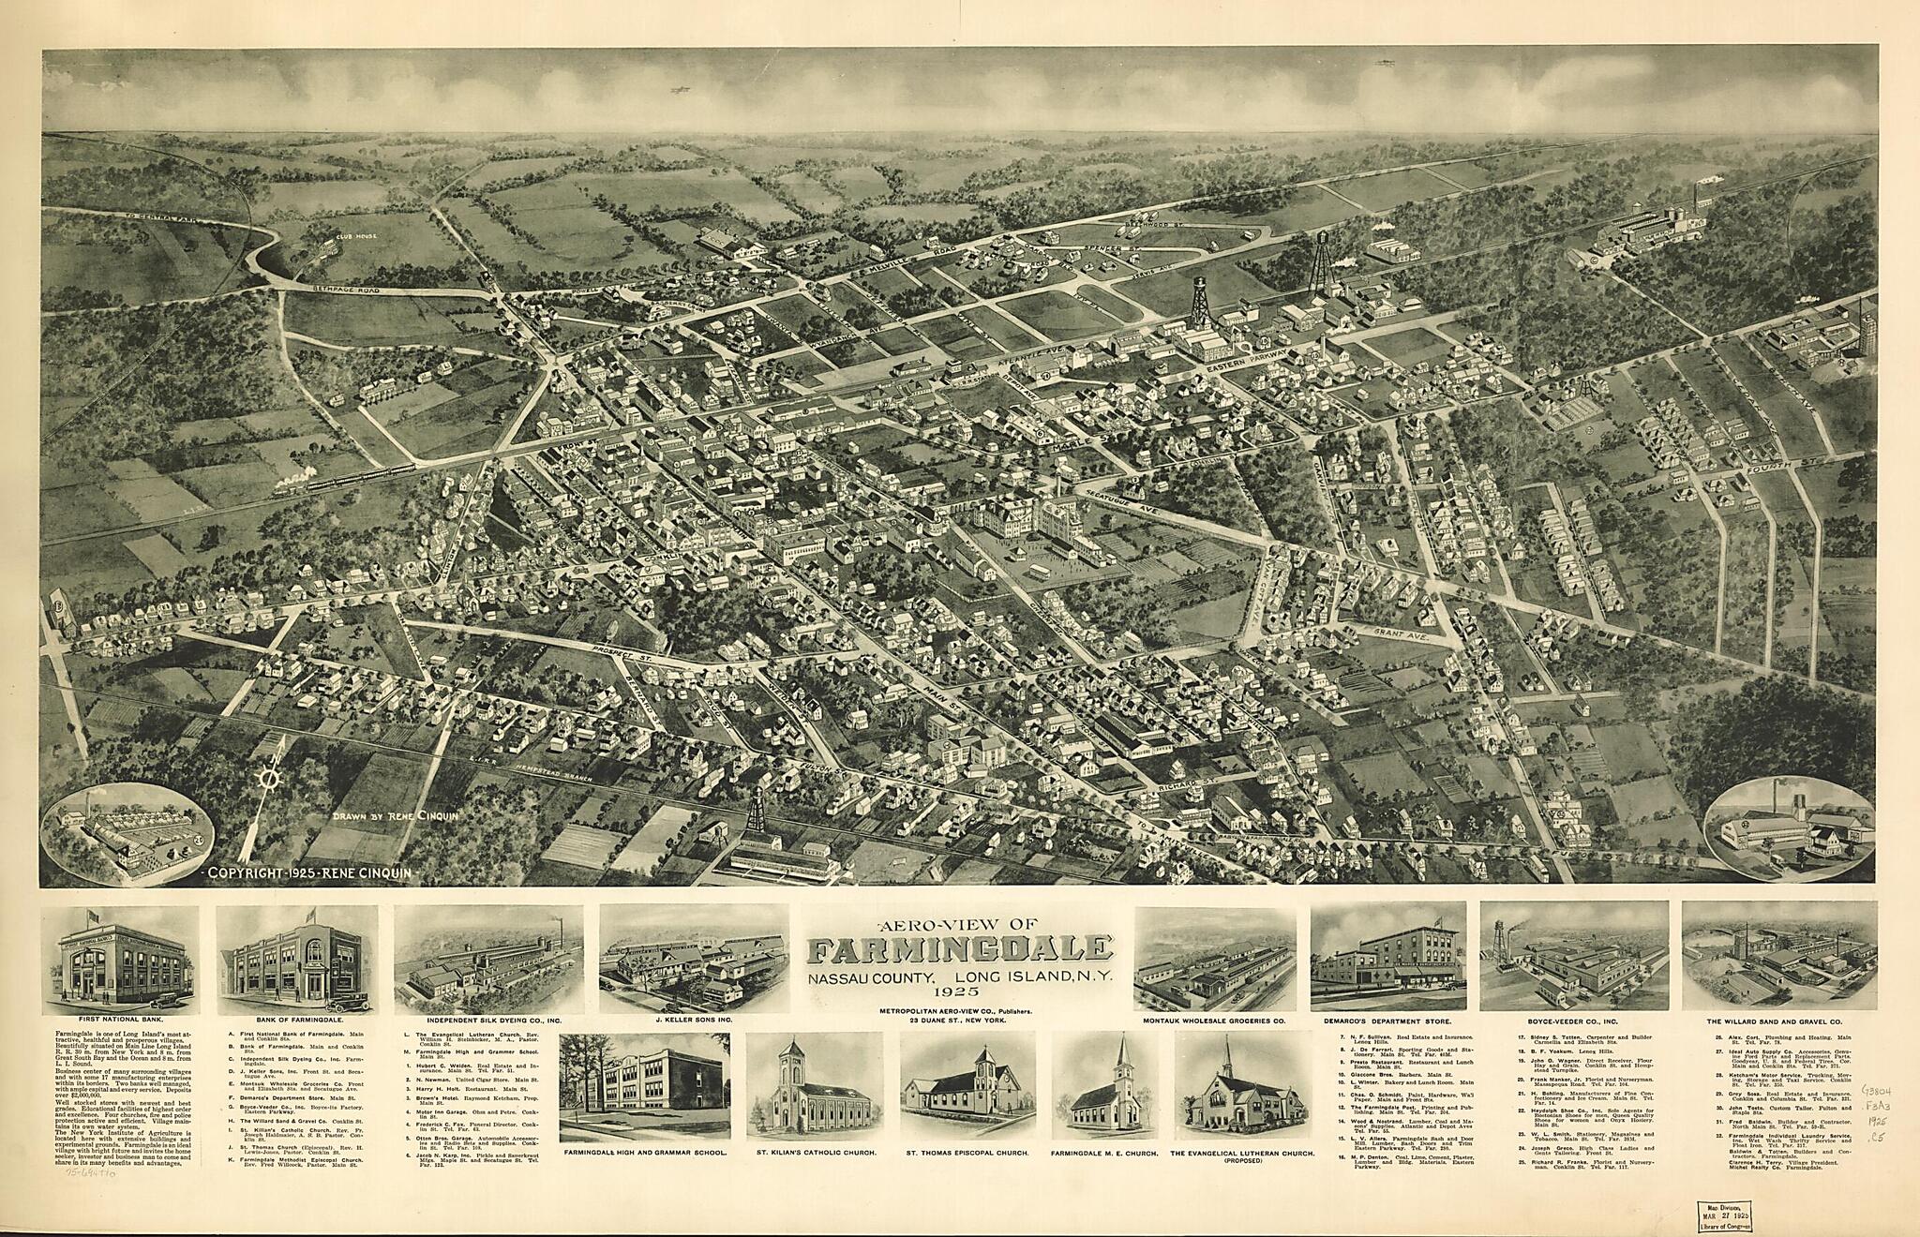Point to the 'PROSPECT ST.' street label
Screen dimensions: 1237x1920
pos(621,650)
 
